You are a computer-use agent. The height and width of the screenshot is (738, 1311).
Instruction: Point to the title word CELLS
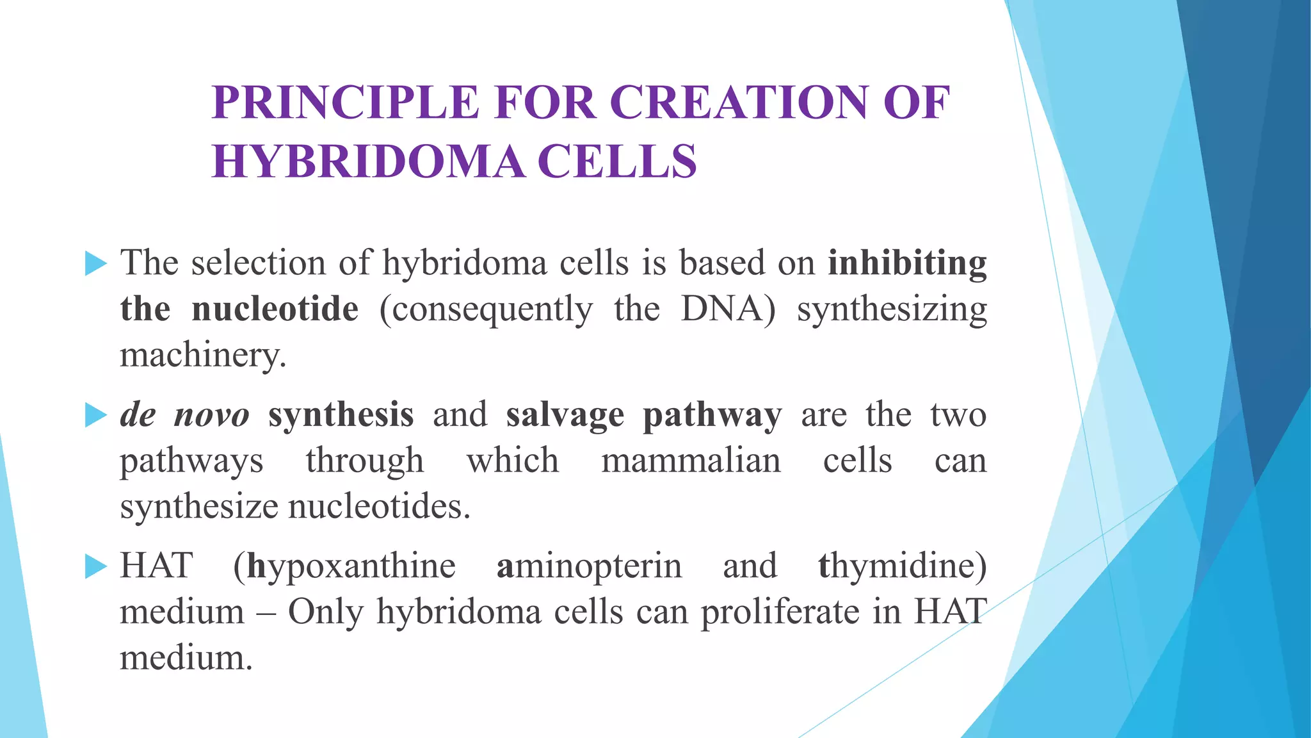tap(617, 161)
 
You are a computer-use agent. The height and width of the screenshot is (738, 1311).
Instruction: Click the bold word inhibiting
tap(907, 263)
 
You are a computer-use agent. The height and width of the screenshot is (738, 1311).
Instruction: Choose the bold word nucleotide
tap(275, 309)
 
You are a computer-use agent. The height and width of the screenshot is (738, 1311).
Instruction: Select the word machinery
tap(202, 355)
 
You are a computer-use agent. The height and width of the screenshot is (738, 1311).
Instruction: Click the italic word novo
tap(211, 415)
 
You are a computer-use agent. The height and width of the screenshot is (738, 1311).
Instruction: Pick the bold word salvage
tap(565, 415)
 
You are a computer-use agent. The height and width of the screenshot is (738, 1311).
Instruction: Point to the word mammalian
tap(691, 461)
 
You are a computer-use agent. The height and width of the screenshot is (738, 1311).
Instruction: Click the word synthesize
tap(198, 507)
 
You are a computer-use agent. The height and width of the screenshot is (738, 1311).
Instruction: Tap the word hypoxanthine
tap(351, 566)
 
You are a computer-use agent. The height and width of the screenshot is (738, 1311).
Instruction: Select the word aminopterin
tap(589, 566)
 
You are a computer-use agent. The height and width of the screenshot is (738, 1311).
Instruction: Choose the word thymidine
tap(902, 566)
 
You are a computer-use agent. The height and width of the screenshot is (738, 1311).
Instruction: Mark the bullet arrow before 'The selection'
tap(95, 263)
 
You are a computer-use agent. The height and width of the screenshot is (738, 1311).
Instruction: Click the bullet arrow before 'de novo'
tap(95, 415)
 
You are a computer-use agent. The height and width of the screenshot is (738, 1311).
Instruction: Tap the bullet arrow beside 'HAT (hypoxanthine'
tap(95, 566)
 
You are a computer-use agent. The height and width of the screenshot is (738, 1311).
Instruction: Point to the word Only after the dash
tap(325, 612)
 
